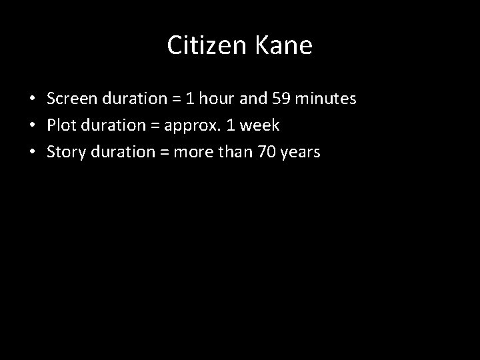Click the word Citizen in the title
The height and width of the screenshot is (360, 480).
207,45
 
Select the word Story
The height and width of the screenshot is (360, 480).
64,153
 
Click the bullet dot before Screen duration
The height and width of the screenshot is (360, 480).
32,100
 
